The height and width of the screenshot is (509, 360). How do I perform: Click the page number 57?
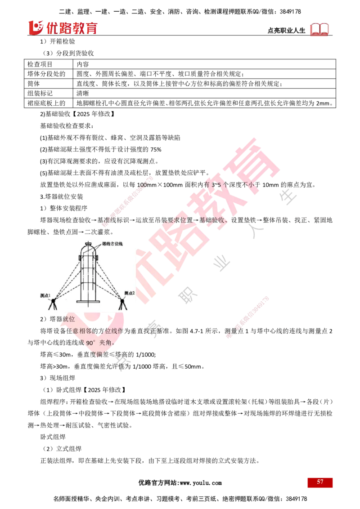[320, 482]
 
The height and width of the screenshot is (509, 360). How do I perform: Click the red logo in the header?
[63, 28]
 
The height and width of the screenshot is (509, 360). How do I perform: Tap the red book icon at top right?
[319, 29]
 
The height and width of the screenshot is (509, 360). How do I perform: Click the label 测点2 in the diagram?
[129, 293]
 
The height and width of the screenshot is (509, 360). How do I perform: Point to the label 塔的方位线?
[112, 243]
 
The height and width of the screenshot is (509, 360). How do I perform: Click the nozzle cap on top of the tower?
[88, 243]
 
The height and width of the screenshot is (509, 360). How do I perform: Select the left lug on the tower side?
[80, 257]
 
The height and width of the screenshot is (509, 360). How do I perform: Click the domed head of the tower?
[88, 249]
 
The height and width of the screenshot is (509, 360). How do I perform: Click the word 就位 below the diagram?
[68, 319]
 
